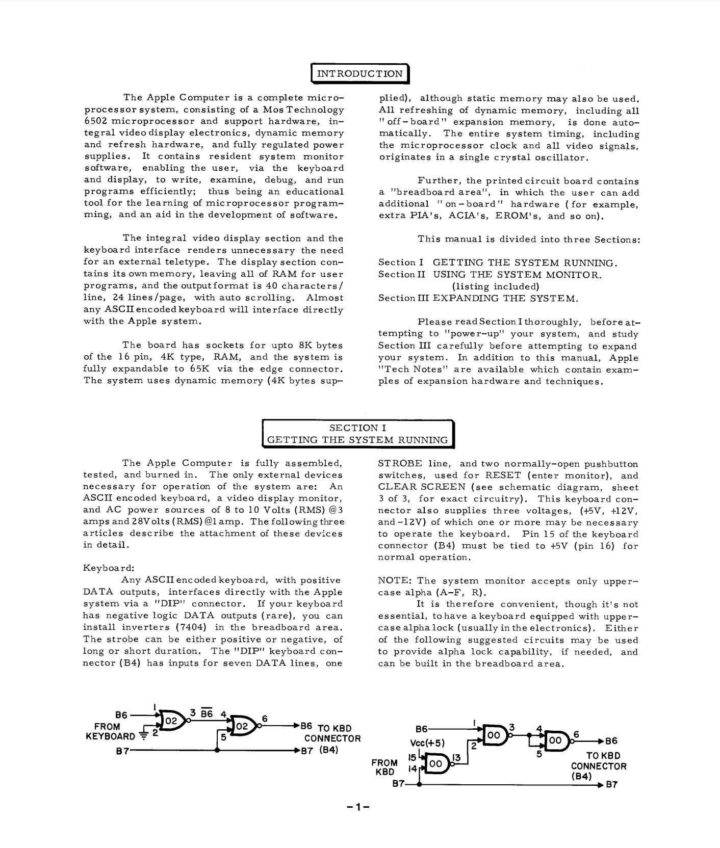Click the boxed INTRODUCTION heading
(x=359, y=73)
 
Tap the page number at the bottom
(x=357, y=807)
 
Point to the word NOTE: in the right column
(x=395, y=581)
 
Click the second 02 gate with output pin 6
(x=242, y=726)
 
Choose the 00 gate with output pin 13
(x=436, y=764)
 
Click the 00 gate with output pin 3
(x=493, y=735)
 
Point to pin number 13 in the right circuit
(x=457, y=757)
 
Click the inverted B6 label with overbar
(x=207, y=713)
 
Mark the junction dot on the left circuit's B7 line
(x=218, y=751)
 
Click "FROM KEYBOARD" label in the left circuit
(x=110, y=731)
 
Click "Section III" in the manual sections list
(x=404, y=298)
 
